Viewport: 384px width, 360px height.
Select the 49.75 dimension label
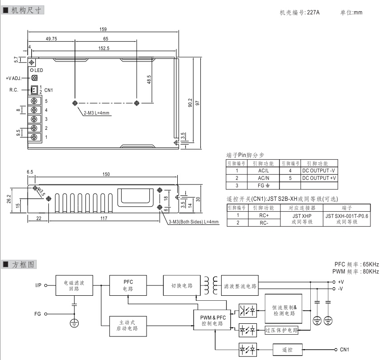51,39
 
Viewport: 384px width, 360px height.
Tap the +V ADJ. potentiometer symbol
34,78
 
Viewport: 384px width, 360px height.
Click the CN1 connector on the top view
34,89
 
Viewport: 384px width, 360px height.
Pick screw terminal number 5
34,101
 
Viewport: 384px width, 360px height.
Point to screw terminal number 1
34,137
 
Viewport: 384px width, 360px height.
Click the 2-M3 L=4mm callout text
96,113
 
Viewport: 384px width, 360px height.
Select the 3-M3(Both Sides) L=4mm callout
193,222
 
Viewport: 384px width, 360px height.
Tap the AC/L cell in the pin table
263,171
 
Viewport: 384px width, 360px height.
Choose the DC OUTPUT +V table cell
319,178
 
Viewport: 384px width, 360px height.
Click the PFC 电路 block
128,285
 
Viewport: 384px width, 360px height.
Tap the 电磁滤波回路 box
73,286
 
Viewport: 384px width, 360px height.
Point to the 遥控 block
287,350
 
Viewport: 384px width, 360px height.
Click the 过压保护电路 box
281,330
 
